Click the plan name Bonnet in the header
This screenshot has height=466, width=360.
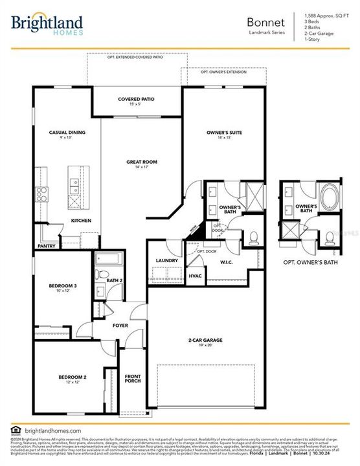(265, 21)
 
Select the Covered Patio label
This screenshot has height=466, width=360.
(136, 99)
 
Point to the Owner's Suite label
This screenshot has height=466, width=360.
(224, 132)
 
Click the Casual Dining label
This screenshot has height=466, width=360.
(64, 132)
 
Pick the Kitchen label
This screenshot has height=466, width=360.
(81, 221)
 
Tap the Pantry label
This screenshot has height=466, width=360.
(47, 246)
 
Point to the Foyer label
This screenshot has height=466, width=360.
(120, 326)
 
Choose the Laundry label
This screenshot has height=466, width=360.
(166, 261)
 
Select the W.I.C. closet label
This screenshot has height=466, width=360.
(226, 262)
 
